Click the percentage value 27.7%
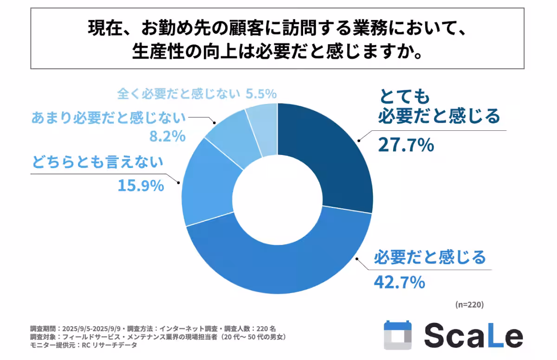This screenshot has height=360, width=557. tap(405, 145)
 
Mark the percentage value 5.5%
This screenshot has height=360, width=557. tap(260, 94)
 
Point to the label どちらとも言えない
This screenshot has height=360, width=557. tap(98, 162)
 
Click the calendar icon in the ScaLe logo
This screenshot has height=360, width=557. tap(398, 335)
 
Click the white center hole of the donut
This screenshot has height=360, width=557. tap(277, 198)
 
